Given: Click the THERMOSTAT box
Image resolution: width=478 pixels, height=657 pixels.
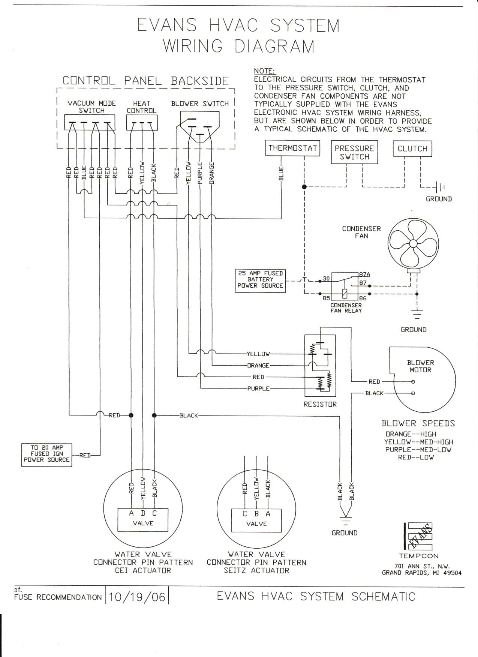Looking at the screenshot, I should click(293, 148).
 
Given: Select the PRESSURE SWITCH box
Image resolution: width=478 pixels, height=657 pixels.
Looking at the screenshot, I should click(354, 152).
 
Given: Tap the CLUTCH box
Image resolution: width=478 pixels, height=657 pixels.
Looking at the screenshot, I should click(412, 148).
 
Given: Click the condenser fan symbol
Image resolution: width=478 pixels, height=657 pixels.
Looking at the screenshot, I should click(413, 243).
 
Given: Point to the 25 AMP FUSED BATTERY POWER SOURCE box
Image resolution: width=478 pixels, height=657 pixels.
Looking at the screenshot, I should click(260, 280).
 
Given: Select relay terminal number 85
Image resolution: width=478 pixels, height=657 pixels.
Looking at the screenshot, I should click(326, 298).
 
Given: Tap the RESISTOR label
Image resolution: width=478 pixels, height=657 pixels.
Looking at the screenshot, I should click(320, 404).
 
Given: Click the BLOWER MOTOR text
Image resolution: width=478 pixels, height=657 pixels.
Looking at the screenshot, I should click(420, 366).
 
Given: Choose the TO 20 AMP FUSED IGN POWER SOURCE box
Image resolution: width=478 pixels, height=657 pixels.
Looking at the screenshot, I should click(47, 454).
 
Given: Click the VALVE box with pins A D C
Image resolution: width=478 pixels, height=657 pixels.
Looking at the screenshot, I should click(143, 519).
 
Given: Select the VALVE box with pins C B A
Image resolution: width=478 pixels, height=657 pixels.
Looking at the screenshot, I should click(256, 520).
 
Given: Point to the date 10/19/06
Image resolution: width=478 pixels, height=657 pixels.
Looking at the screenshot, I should click(137, 597).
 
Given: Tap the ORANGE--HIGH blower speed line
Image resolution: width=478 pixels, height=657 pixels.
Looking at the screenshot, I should click(411, 434).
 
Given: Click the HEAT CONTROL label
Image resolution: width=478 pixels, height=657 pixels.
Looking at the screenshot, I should click(141, 107).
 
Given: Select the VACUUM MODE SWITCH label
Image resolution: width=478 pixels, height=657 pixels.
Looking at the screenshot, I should click(91, 107).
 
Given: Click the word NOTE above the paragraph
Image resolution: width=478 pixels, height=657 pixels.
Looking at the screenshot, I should click(264, 71).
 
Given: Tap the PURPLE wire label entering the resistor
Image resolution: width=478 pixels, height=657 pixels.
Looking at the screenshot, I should click(258, 388).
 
